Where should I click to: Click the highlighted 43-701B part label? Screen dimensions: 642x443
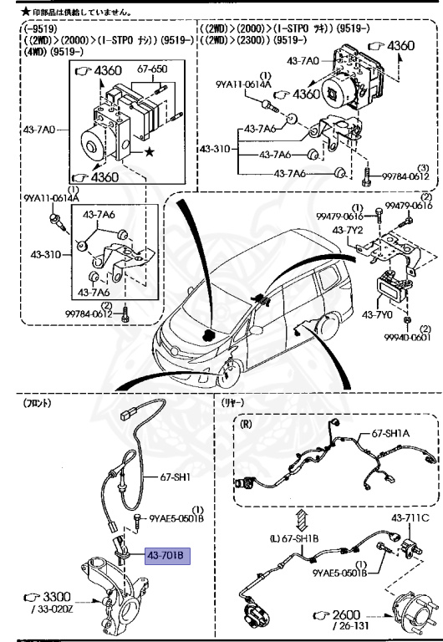[169, 555]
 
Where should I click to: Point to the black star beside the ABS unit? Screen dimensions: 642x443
[150, 152]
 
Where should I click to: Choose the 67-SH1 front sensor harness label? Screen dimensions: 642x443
[176, 477]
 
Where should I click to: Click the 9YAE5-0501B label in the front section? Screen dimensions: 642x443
[176, 518]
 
